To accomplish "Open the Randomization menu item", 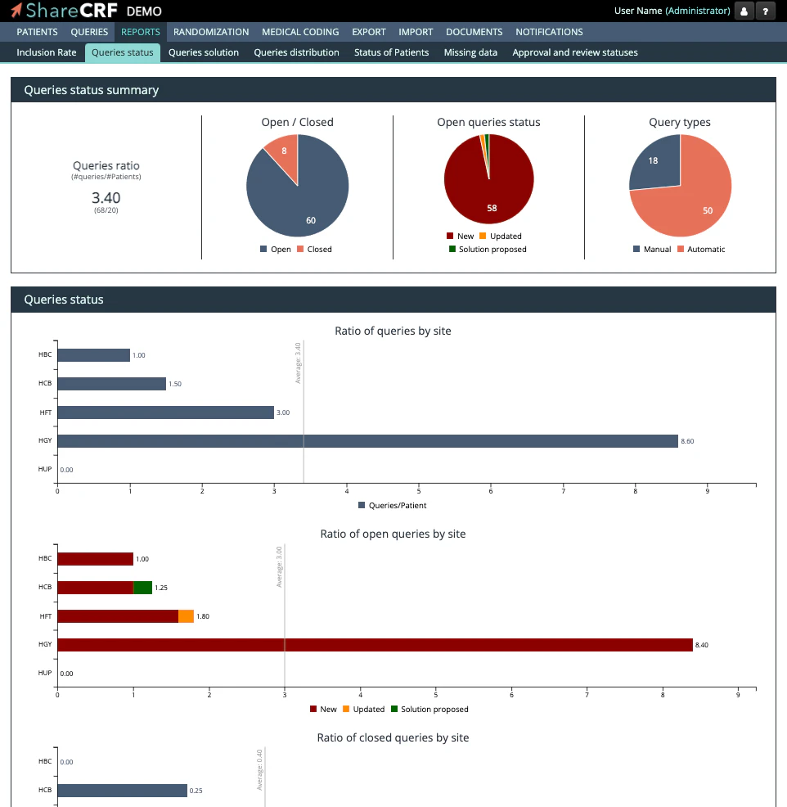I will pos(211,32).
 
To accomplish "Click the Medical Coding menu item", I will pos(300,32).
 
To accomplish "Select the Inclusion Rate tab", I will pos(47,52).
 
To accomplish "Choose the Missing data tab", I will pos(470,52).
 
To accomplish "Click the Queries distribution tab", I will pos(296,52).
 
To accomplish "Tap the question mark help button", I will pos(765,11).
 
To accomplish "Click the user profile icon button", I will pos(744,11).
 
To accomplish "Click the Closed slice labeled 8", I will pos(282,152).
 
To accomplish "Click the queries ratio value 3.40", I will pos(106,197).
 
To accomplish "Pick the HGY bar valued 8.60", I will pos(367,441).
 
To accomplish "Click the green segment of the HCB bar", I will pos(142,587).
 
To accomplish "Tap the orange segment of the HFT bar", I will pos(186,616).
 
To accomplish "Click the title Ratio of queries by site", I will pos(393,331).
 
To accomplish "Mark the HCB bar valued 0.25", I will pos(122,791).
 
